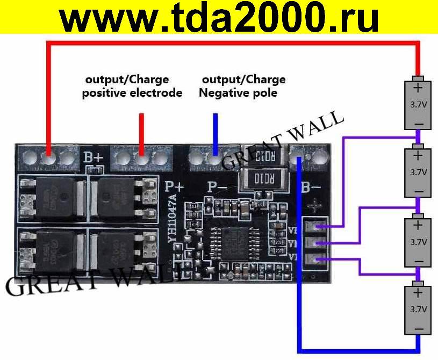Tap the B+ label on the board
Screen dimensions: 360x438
[x=94, y=158]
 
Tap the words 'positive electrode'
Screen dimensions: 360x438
[x=132, y=93]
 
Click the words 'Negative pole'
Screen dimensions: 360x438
[x=238, y=93]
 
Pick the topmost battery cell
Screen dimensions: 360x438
[x=419, y=104]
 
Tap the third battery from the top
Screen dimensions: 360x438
[x=419, y=241]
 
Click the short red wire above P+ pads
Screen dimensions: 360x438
[x=142, y=134]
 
